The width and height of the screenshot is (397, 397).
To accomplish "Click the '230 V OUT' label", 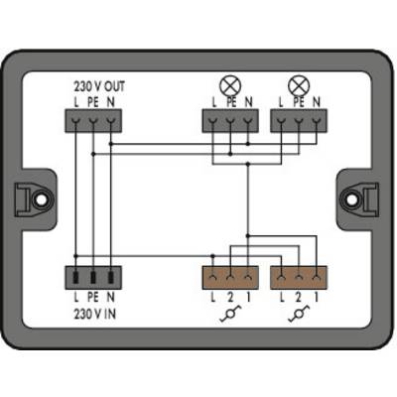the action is [x=99, y=86].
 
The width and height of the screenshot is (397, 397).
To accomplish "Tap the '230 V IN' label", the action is [x=95, y=314].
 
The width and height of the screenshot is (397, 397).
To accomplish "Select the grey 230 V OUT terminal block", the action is [x=93, y=121].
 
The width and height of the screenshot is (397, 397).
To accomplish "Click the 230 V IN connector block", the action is [x=93, y=277].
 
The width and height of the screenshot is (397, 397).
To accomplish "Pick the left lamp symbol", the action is [x=230, y=85].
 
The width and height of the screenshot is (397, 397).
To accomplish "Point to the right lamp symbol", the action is [x=299, y=85].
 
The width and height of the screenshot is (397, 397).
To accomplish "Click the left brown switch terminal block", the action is [x=230, y=277].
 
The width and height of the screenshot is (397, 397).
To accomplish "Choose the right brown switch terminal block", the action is [x=299, y=277].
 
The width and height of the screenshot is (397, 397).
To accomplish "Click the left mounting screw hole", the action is [x=41, y=199].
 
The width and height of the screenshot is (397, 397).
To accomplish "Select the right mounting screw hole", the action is [x=352, y=199].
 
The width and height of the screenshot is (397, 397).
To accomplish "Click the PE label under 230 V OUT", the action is [x=93, y=102].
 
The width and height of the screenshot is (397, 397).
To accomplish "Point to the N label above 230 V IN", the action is [x=111, y=297].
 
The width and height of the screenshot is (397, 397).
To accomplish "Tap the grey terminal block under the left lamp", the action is [x=230, y=121].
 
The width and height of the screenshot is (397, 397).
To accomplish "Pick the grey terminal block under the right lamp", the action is [x=299, y=121].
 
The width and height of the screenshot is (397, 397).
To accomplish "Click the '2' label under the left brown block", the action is [x=230, y=298].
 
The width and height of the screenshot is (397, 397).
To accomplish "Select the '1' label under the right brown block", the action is [x=317, y=298].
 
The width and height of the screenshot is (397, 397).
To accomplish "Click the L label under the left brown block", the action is [x=213, y=298].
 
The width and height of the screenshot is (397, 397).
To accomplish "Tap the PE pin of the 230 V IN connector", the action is [x=93, y=277].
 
